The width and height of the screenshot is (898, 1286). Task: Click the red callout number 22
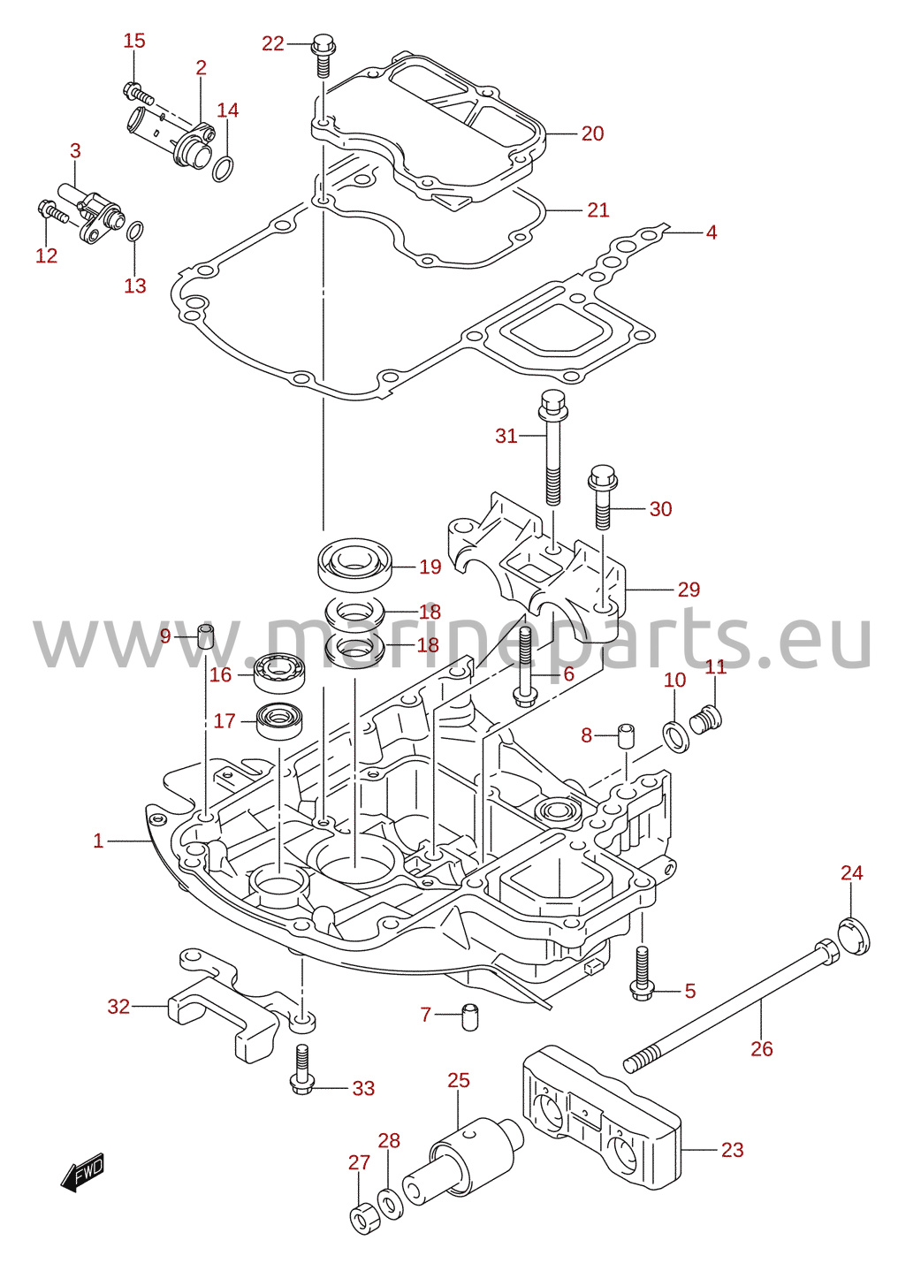pos(273,43)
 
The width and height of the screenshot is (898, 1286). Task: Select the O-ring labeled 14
pos(224,169)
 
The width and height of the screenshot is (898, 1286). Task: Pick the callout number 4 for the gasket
pos(712,232)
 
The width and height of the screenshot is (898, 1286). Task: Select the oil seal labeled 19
pos(354,565)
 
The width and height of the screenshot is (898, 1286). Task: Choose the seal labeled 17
pos(279,721)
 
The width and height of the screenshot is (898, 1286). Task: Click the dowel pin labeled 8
pos(626,736)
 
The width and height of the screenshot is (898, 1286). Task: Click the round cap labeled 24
pos(855,936)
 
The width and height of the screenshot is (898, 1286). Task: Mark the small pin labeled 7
pos(469,1016)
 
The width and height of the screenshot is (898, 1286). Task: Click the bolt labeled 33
pos(302,1069)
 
